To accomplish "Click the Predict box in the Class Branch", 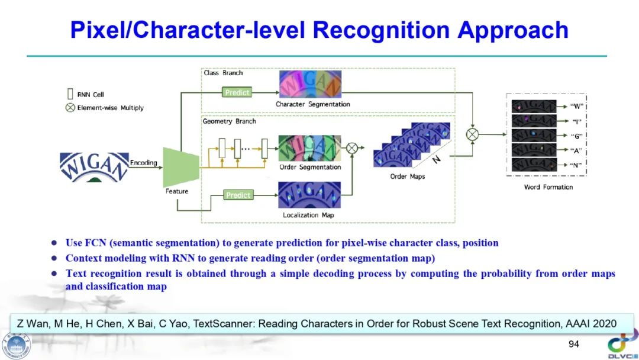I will (x=237, y=92).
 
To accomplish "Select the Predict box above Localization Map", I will (x=238, y=195).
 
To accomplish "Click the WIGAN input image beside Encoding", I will (x=94, y=166).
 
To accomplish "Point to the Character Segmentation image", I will (x=310, y=84).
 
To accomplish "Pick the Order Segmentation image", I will (x=309, y=148).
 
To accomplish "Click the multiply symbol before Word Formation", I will (x=472, y=135).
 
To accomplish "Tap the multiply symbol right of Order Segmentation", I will (x=351, y=148).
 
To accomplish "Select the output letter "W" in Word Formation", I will (x=577, y=107).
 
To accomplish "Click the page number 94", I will (x=573, y=344).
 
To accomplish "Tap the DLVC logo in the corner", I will (x=621, y=346).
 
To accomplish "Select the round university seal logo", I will (x=16, y=346).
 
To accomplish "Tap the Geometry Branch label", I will (x=229, y=121).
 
